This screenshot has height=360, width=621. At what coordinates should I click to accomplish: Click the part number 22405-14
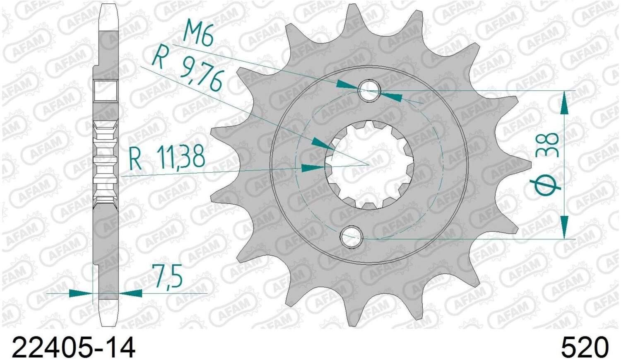pos(73,347)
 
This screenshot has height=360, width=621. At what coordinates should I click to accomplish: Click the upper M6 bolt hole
pos(369,90)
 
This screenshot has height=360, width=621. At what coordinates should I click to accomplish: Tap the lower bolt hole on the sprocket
pos(351,237)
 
